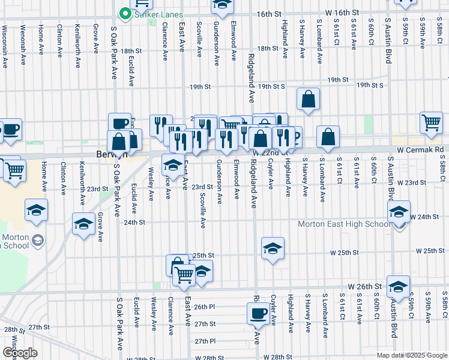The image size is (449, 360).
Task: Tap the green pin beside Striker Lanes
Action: pyautogui.click(x=125, y=13)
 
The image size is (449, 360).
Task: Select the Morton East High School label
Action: pyautogui.click(x=344, y=224)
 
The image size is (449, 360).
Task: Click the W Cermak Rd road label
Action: pyautogui.click(x=420, y=149)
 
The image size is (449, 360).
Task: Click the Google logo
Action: pyautogui.click(x=20, y=353)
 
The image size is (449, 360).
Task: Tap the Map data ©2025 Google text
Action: pyautogui.click(x=411, y=355)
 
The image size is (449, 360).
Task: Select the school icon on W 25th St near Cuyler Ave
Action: pyautogui.click(x=273, y=248)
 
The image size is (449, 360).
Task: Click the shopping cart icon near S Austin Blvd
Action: pyautogui.click(x=431, y=123)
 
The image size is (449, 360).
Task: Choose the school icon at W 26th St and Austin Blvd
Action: pyautogui.click(x=397, y=286)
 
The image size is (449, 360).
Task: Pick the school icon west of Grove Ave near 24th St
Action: pyautogui.click(x=83, y=224)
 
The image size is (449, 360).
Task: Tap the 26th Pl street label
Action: pyautogui.click(x=205, y=307)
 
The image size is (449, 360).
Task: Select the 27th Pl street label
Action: pyautogui.click(x=205, y=341)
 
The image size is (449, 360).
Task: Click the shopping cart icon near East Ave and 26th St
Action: pyautogui.click(x=184, y=275)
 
